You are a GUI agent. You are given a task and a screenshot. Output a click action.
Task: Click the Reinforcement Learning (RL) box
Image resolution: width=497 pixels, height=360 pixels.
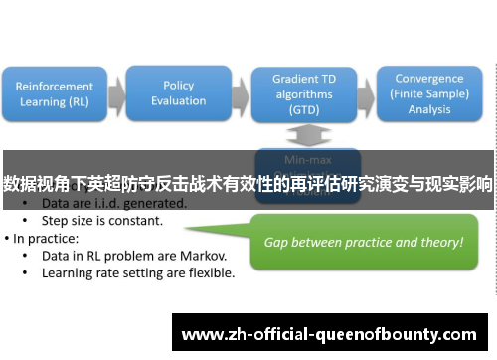click(55, 93)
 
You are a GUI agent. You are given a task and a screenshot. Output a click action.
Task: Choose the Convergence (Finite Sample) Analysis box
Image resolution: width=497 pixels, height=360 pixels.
click(428, 93)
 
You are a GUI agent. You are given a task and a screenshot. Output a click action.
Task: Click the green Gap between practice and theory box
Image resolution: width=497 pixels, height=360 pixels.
click(363, 242)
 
